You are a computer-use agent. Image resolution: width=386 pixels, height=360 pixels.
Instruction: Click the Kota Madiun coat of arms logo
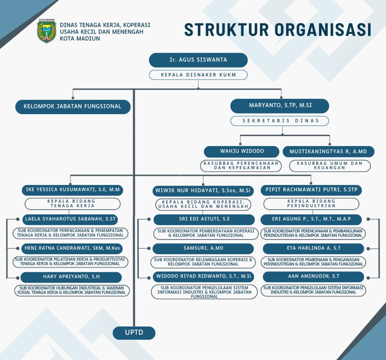coord(46,31)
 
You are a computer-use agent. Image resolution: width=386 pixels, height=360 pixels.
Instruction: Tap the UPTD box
coord(134,333)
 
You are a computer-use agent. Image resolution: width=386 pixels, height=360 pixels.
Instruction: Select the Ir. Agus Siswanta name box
coord(198,60)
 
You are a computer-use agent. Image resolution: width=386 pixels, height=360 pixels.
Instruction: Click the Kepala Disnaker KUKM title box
coord(198,75)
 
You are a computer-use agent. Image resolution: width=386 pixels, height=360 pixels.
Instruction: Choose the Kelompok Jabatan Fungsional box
coord(73,107)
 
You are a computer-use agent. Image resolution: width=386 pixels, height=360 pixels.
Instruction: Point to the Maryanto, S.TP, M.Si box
coord(280,106)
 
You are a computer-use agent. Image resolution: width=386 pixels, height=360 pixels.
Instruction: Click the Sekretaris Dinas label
coord(280,121)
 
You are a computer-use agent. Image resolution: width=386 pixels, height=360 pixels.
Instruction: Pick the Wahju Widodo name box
coord(242,151)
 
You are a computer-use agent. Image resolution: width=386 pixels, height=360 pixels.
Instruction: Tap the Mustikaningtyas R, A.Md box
coord(328,151)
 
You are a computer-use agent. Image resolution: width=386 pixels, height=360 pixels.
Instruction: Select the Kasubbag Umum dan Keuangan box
coord(330,166)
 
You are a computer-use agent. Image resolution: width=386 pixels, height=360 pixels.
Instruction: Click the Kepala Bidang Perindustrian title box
coord(311,204)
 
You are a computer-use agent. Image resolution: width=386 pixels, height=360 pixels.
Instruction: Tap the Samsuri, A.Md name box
coord(203,249)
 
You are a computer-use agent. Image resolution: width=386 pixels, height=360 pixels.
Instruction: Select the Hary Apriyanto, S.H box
coord(71,277)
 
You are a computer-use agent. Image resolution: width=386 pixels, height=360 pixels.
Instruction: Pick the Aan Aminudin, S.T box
coord(313,277)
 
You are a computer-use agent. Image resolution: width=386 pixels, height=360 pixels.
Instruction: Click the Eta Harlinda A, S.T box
coord(313,249)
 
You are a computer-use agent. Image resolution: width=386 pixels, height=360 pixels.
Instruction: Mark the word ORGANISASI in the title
coord(323,30)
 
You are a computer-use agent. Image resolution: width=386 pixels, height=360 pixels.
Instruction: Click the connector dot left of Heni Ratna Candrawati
coord(18,249)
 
